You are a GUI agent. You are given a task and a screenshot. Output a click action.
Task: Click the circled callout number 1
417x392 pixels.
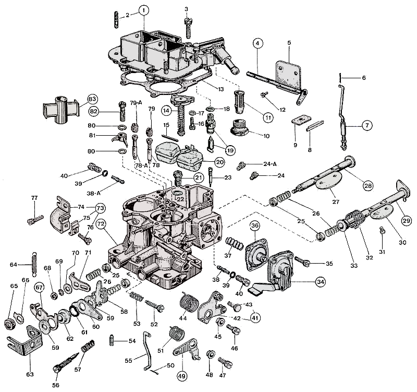click(144, 10)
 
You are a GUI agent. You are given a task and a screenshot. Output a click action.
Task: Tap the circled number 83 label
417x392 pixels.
click(92, 99)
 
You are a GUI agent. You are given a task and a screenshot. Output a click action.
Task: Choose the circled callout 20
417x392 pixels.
click(219, 162)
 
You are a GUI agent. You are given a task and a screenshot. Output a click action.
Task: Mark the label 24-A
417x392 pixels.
click(270, 164)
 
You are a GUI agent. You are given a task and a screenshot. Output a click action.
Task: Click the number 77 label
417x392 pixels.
click(34, 198)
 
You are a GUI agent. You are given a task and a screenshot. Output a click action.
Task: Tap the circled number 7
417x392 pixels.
click(366, 125)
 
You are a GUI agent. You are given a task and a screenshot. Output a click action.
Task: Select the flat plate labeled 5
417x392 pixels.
click(287, 73)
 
